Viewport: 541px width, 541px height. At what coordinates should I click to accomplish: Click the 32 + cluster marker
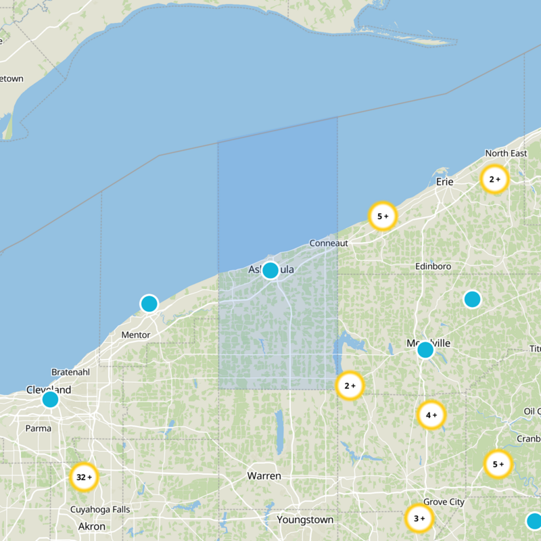click(85, 477)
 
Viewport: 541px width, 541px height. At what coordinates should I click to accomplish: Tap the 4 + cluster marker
click(431, 415)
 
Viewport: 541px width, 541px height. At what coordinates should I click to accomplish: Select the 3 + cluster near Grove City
click(419, 519)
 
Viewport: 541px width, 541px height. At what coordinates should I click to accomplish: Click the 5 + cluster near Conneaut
click(382, 216)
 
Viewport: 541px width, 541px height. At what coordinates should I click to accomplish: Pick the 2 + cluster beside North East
click(494, 179)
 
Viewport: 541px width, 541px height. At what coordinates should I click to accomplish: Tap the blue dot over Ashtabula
click(270, 270)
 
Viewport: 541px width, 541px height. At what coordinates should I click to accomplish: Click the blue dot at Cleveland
click(50, 400)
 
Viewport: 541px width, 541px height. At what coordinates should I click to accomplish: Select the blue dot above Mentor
click(149, 304)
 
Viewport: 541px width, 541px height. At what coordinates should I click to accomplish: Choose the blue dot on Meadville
click(425, 350)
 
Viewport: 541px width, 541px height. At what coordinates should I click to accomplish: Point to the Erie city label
click(444, 182)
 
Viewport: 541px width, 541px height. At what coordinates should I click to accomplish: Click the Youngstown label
click(305, 520)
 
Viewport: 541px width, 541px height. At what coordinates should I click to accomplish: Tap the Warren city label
click(264, 476)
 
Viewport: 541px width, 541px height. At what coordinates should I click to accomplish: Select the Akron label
click(92, 526)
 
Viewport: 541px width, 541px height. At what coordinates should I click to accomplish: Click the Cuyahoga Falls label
click(99, 509)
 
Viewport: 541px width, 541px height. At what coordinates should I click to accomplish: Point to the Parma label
click(38, 427)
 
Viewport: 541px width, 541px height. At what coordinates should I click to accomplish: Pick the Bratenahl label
click(70, 373)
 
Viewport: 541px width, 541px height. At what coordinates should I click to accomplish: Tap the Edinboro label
click(433, 266)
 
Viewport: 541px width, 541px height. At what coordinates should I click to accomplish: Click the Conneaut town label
click(329, 243)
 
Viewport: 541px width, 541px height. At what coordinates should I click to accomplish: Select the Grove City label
click(444, 502)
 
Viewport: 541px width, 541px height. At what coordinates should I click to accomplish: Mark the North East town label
click(506, 154)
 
